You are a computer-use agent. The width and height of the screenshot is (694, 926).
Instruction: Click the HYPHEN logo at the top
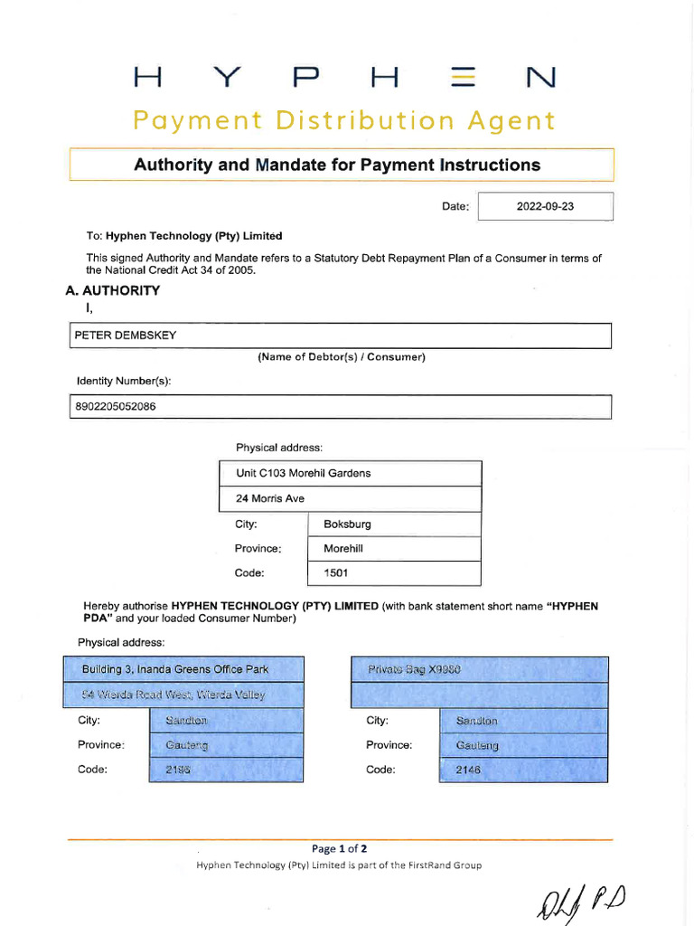coord(344,79)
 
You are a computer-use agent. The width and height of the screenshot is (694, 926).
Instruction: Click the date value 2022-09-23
coord(545,206)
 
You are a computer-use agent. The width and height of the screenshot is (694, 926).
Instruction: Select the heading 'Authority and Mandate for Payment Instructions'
coord(337,165)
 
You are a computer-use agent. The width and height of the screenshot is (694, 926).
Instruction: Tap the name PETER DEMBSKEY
coord(126,335)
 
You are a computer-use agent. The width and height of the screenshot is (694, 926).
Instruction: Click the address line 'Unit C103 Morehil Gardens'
coord(303,473)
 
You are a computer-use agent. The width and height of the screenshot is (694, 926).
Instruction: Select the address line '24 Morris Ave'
coord(270,498)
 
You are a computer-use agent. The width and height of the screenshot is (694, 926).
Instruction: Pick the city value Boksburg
coord(347,524)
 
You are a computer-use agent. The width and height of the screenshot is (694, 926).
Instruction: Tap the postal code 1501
coord(335,573)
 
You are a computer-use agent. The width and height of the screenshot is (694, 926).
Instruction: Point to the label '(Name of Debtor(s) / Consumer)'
coord(341,357)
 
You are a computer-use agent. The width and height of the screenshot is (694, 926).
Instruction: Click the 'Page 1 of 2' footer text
coord(339,848)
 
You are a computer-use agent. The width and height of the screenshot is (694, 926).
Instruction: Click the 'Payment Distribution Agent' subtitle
coord(344,120)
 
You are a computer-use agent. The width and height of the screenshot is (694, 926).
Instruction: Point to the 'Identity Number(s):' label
coord(124,382)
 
